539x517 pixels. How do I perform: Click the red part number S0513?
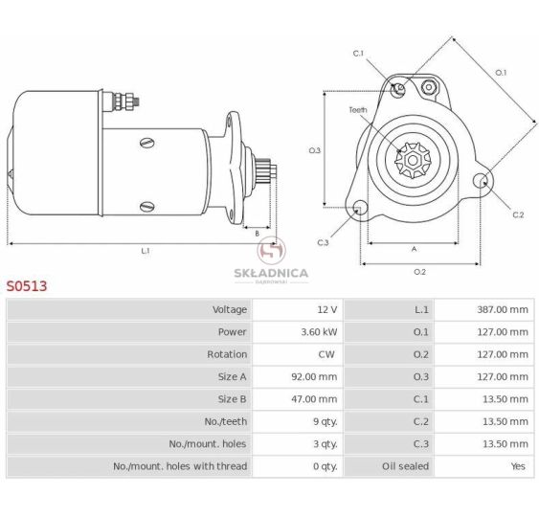(27, 286)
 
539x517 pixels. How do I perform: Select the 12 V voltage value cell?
(326, 309)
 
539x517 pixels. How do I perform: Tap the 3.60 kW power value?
(319, 332)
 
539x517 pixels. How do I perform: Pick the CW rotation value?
(326, 354)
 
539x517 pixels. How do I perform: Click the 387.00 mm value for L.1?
(503, 309)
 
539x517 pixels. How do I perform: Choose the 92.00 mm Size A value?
(314, 377)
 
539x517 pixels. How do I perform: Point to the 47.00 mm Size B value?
(314, 399)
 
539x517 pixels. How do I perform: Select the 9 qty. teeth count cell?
(326, 421)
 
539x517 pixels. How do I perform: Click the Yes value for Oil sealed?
(518, 466)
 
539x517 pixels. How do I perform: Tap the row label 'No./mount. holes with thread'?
(180, 466)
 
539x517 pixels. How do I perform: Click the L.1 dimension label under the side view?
(146, 251)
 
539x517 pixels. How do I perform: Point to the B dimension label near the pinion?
(257, 234)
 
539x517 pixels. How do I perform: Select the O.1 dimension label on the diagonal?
(501, 73)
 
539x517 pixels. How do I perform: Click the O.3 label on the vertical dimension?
(314, 150)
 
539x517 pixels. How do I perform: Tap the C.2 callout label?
(518, 215)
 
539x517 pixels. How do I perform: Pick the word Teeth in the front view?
(358, 110)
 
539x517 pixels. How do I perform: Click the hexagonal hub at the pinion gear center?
(413, 160)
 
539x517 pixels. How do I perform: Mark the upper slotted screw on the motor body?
(147, 143)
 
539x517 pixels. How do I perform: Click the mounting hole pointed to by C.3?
(360, 207)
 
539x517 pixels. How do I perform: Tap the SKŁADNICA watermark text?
(271, 273)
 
